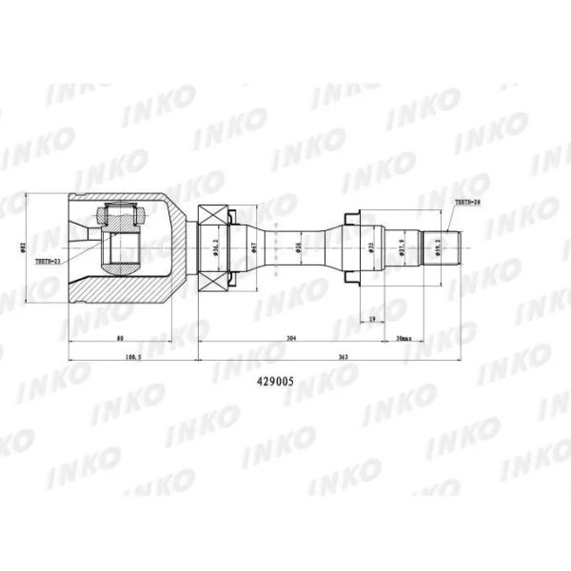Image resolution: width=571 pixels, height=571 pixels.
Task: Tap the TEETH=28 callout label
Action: point(468,204)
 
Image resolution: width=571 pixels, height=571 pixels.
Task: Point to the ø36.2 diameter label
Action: point(216,247)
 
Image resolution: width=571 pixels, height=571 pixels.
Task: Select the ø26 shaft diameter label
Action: point(298,247)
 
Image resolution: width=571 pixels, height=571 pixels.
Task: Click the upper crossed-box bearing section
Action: point(215,217)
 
